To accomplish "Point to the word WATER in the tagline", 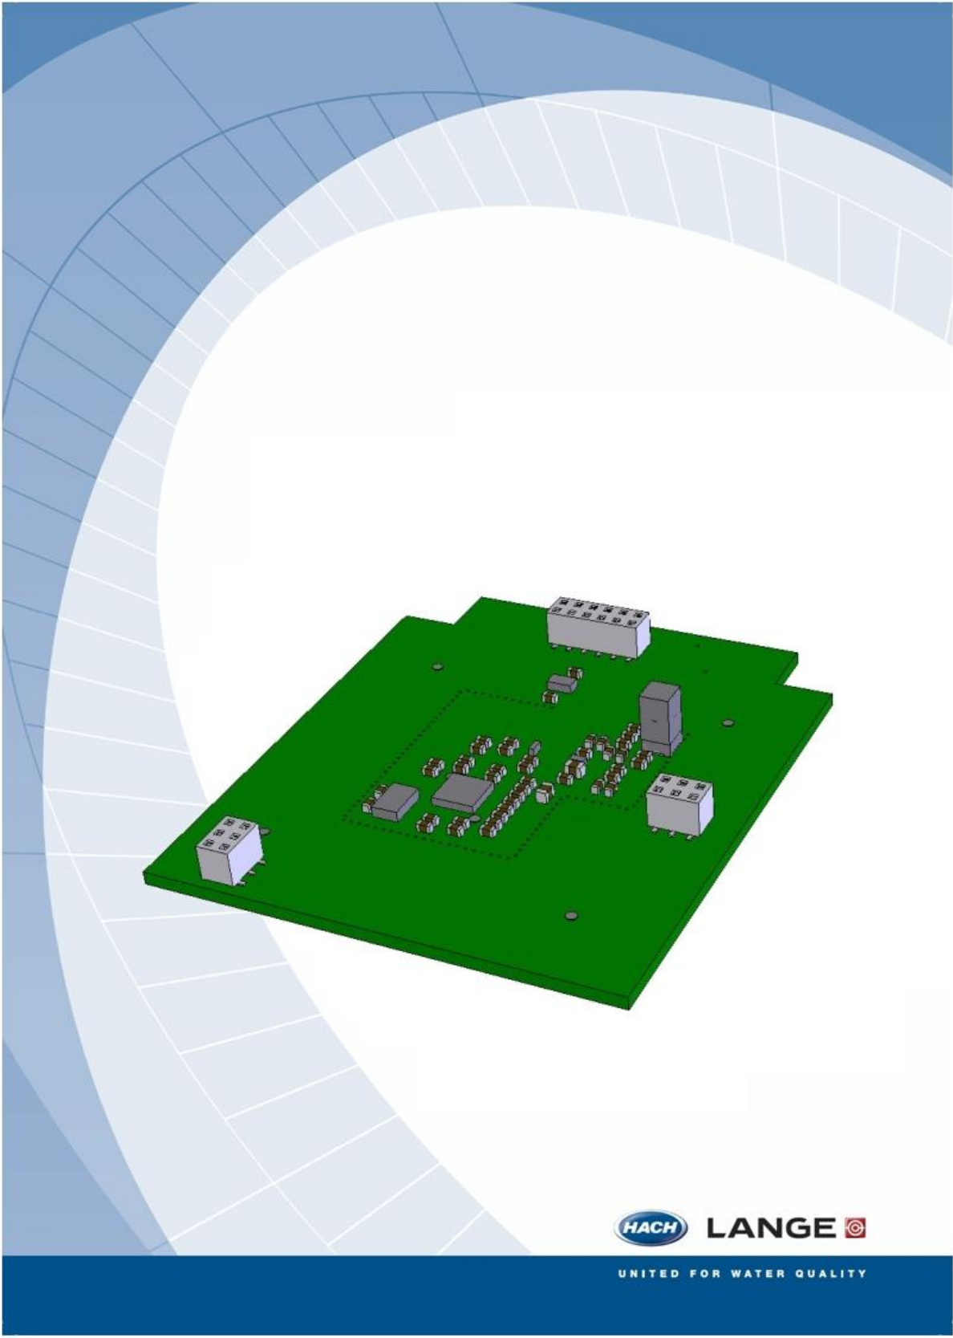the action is [x=756, y=1274].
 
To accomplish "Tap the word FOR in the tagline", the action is [x=704, y=1274].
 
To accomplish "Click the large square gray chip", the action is [x=462, y=793].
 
